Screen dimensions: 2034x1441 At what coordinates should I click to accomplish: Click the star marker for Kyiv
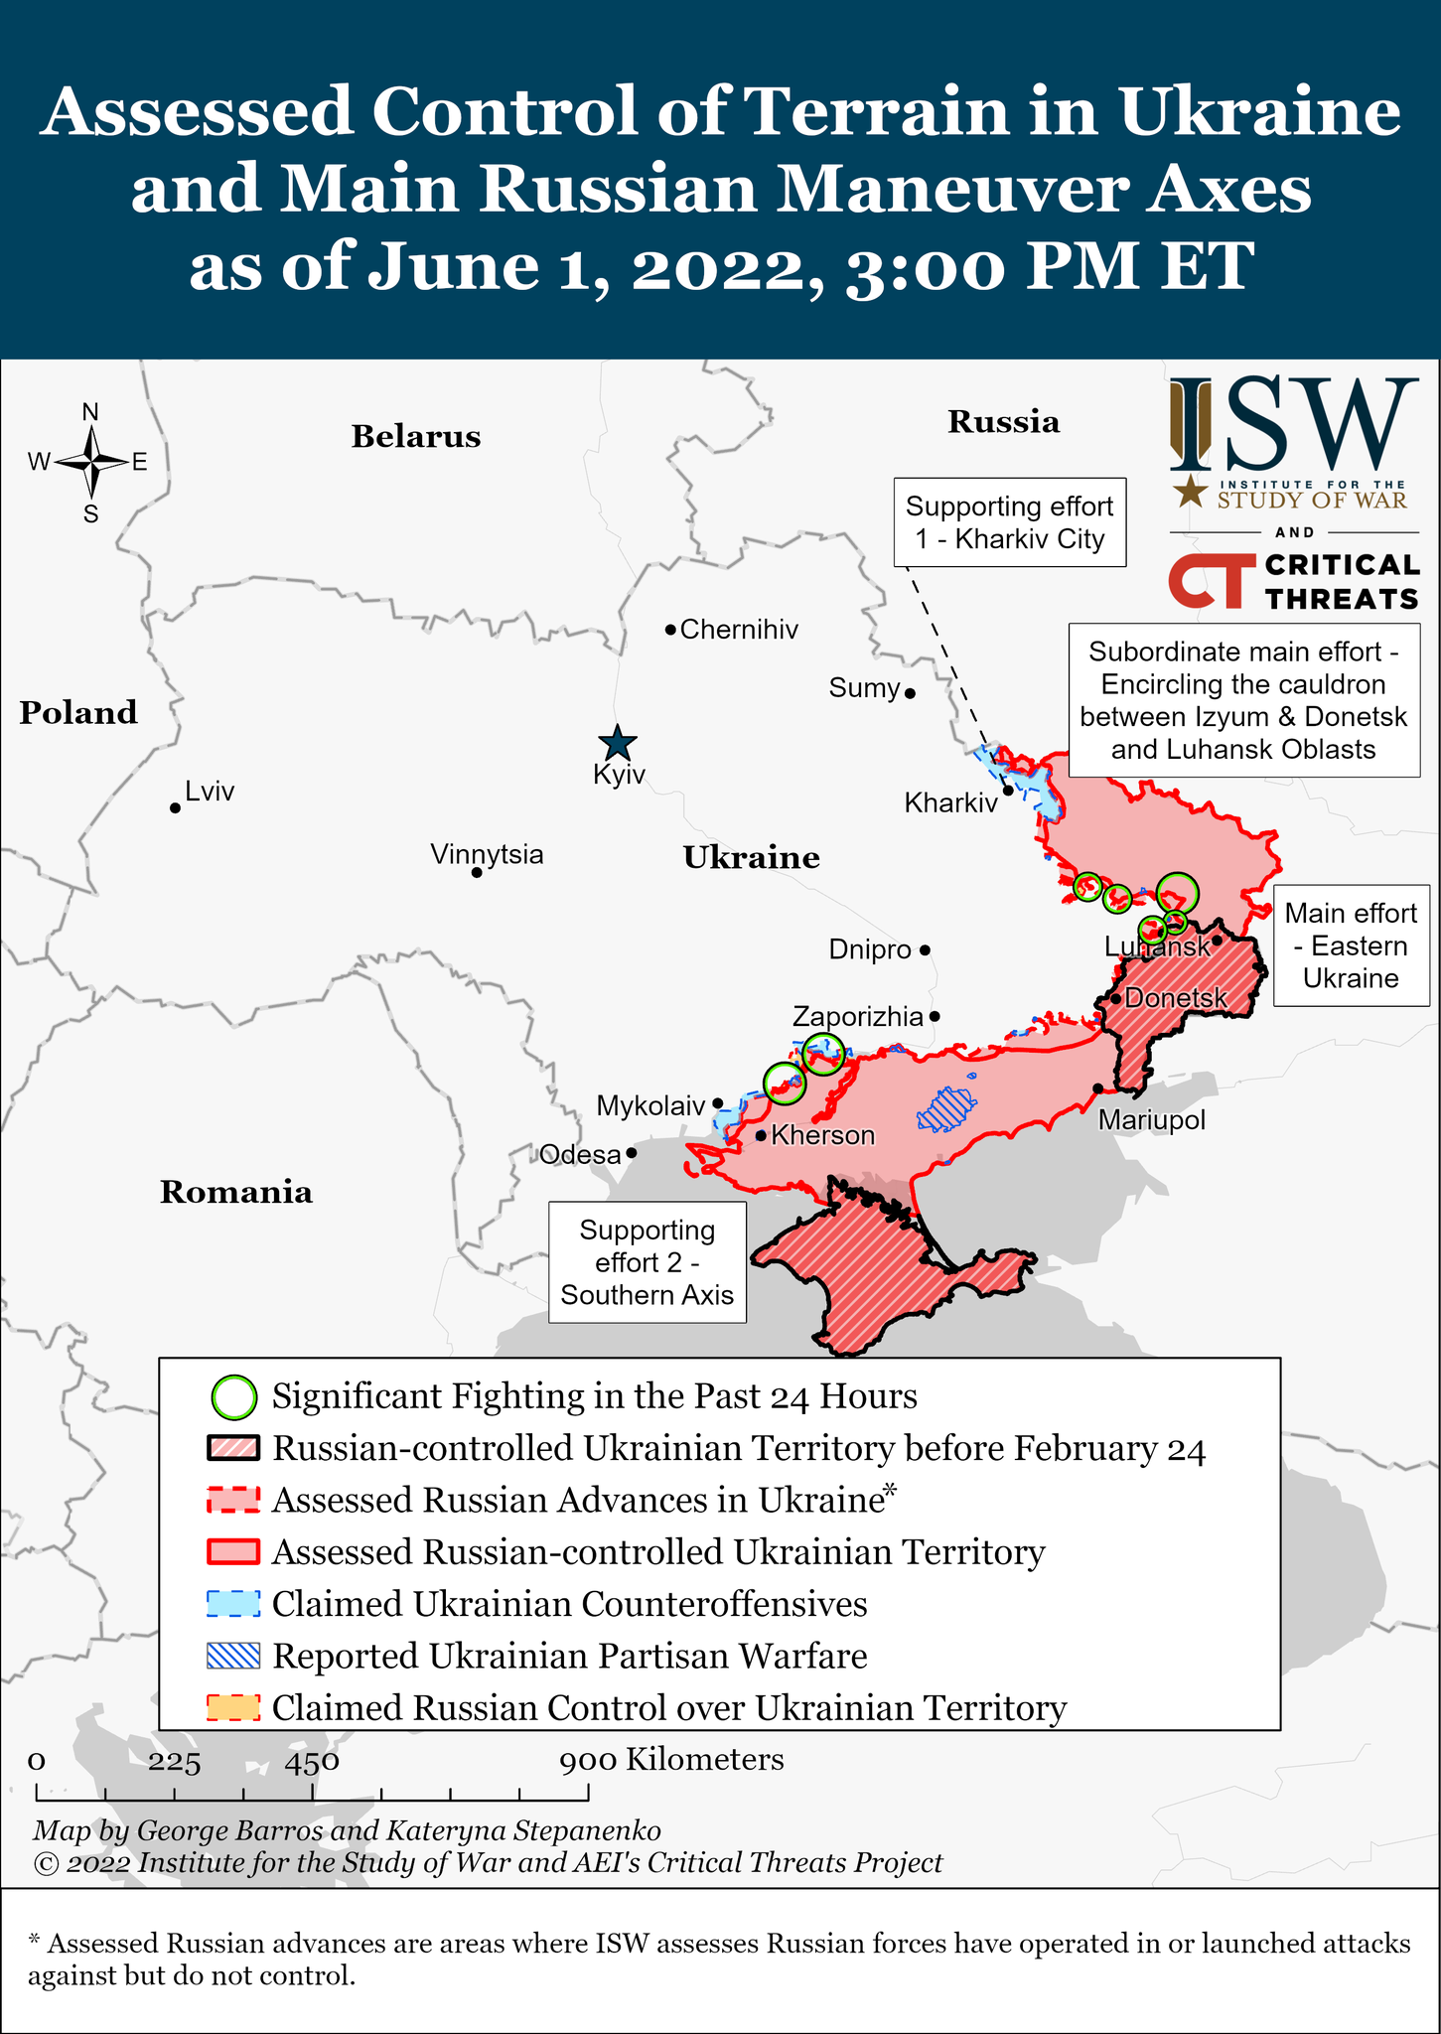pos(618,743)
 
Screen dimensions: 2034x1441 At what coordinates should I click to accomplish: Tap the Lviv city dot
pos(175,807)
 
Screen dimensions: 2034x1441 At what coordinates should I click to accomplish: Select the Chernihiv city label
pos(739,630)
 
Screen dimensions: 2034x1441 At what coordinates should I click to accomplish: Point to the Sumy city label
pos(864,688)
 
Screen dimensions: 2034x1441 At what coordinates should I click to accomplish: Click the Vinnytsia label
pos(487,854)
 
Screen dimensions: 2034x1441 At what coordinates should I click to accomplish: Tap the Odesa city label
pos(579,1154)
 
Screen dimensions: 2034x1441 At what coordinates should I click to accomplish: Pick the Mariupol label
pos(1151,1120)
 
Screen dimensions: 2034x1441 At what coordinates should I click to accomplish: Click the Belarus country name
pos(415,437)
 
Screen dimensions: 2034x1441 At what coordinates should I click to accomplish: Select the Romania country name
pos(236,1192)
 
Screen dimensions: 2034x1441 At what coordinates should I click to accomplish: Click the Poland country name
pos(78,712)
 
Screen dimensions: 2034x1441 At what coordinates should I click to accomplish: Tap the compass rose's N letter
pos(90,412)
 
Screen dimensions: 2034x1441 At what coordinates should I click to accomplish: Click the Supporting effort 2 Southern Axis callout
pos(648,1262)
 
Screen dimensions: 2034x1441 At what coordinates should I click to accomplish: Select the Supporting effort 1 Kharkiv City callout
pos(1009,522)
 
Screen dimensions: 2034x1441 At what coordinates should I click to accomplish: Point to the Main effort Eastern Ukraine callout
pos(1351,945)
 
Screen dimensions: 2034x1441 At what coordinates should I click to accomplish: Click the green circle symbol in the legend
pos(234,1397)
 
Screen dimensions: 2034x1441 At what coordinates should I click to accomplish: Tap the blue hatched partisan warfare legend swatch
pos(233,1656)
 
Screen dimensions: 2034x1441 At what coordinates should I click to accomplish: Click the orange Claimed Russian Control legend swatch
pos(233,1708)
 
